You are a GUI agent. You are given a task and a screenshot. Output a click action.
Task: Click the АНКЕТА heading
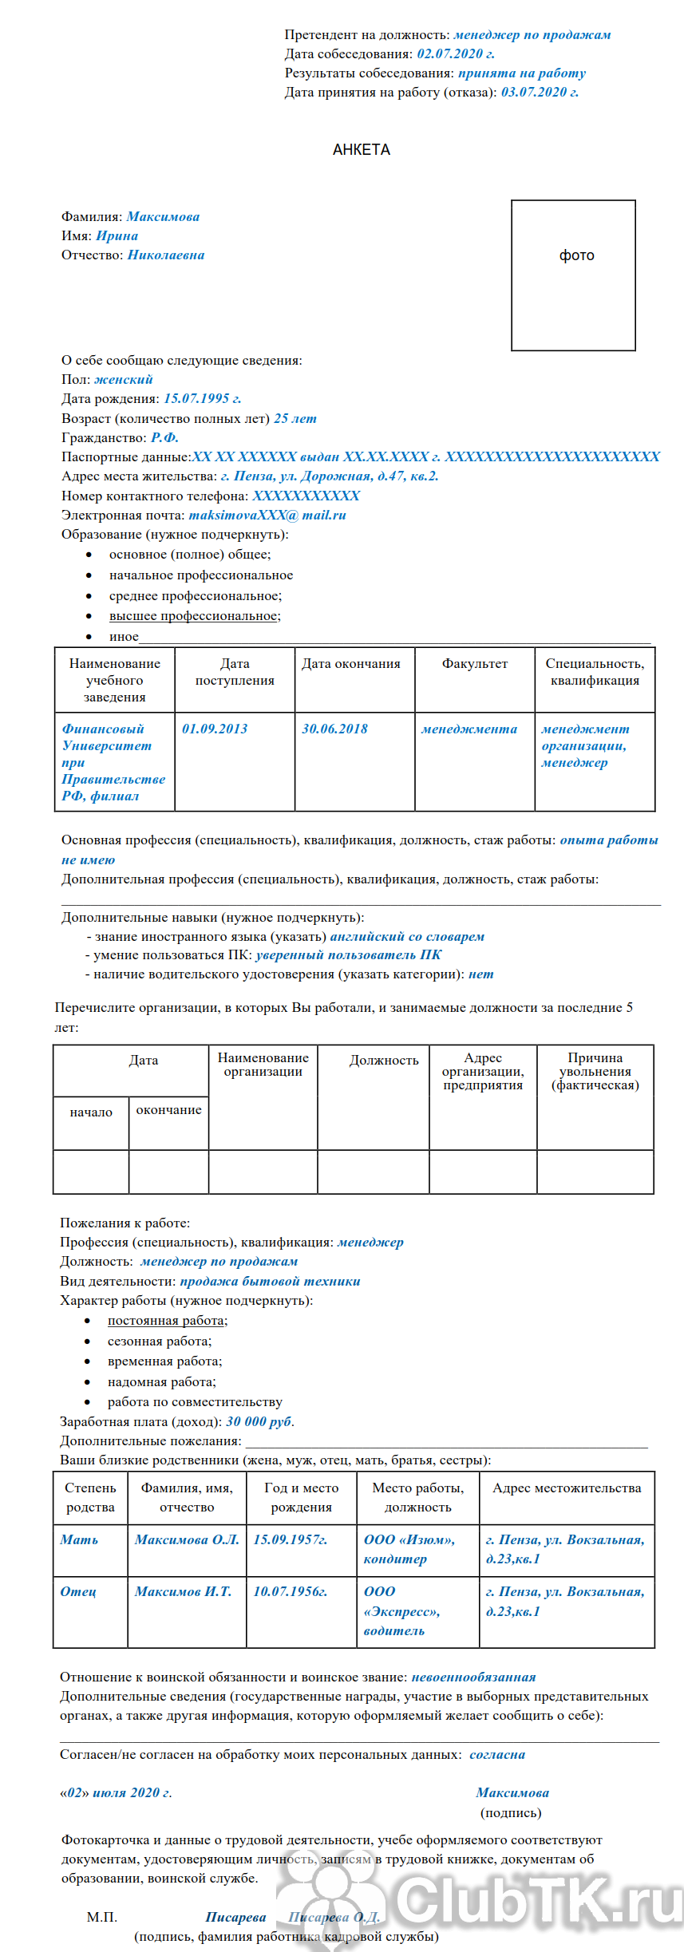(361, 150)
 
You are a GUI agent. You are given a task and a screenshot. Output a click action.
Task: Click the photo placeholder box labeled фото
(573, 275)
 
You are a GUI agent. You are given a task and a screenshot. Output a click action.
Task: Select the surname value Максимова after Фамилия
(163, 217)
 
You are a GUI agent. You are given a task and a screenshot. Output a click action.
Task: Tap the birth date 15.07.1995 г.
(202, 399)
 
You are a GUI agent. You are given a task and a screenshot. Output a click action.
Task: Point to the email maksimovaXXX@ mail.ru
(267, 516)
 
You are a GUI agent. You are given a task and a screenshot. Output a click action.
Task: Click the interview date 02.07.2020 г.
(456, 54)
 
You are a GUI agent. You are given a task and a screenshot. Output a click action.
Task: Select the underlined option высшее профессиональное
(194, 616)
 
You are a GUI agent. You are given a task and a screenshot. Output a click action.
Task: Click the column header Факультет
(474, 664)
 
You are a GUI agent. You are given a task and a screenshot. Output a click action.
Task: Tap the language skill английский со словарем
(407, 937)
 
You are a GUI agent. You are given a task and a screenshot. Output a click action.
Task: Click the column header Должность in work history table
(384, 1061)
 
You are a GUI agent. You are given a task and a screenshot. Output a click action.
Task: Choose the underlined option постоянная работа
(166, 1321)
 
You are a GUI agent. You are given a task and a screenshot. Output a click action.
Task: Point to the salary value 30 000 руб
(259, 1421)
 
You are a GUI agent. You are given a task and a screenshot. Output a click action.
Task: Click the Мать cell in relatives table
(79, 1539)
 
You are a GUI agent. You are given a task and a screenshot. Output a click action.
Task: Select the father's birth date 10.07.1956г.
(290, 1591)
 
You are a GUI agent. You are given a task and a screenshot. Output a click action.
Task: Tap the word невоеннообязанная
(473, 1677)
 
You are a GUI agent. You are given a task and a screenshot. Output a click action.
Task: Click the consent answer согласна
(497, 1755)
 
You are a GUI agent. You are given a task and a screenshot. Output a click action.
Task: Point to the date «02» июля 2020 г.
(116, 1793)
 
